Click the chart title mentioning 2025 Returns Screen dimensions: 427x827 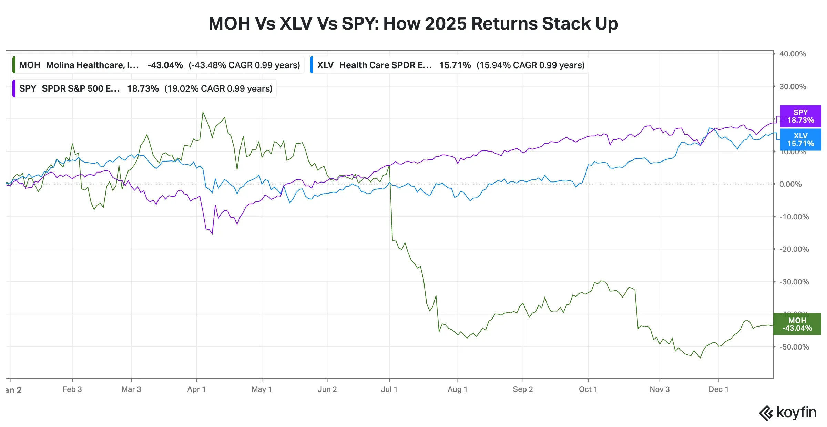[x=413, y=24]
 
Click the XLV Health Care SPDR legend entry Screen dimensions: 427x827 [x=450, y=65]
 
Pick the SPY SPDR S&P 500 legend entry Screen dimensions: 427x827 [x=145, y=88]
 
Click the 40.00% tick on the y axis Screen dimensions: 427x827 [x=793, y=54]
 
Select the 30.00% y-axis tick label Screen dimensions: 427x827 [x=793, y=87]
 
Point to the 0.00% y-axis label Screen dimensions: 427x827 [x=793, y=184]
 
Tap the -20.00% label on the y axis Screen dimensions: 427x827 [x=794, y=249]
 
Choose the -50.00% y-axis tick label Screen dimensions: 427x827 [x=794, y=347]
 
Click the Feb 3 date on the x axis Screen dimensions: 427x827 [x=72, y=389]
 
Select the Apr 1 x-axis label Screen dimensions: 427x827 [x=196, y=389]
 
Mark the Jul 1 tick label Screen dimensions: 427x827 [x=389, y=389]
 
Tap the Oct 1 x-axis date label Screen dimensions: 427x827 [x=588, y=389]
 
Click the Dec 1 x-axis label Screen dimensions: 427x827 [x=718, y=389]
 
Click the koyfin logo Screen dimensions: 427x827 [x=788, y=413]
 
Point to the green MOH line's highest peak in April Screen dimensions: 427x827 [x=203, y=112]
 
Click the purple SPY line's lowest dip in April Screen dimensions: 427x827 [x=212, y=234]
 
